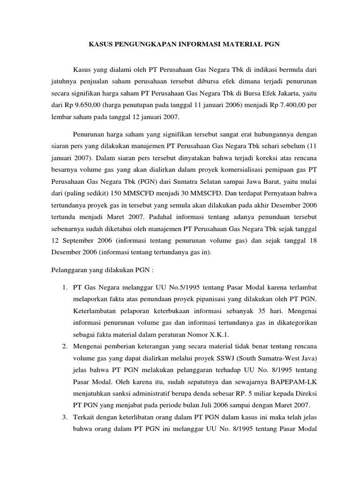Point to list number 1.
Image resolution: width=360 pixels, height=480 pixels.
pyautogui.click(x=66, y=287)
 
